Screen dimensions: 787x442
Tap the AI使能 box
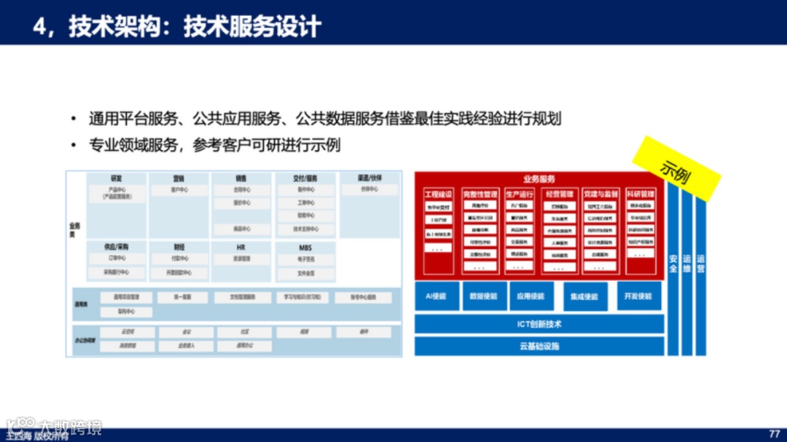pos(436,297)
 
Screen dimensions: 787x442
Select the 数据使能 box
pos(484,297)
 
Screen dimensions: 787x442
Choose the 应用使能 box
pos(530,297)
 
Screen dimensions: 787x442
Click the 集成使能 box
pos(584,297)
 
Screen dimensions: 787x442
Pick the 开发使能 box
pos(638,297)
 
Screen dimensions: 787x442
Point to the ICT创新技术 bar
pos(539,324)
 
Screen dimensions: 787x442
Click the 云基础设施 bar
pos(539,347)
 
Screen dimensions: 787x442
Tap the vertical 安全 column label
pos(673,264)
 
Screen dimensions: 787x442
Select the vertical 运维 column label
pos(686,264)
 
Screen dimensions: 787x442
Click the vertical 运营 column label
pos(700,264)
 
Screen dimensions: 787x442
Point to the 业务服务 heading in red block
pos(539,179)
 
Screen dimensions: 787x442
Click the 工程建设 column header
pos(438,194)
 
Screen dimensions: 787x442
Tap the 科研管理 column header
pos(640,194)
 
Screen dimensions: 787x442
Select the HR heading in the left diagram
pos(240,248)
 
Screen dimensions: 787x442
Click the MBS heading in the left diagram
pos(305,248)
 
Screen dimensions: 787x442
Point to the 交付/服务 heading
pos(305,178)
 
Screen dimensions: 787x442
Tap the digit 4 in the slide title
pos(40,27)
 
